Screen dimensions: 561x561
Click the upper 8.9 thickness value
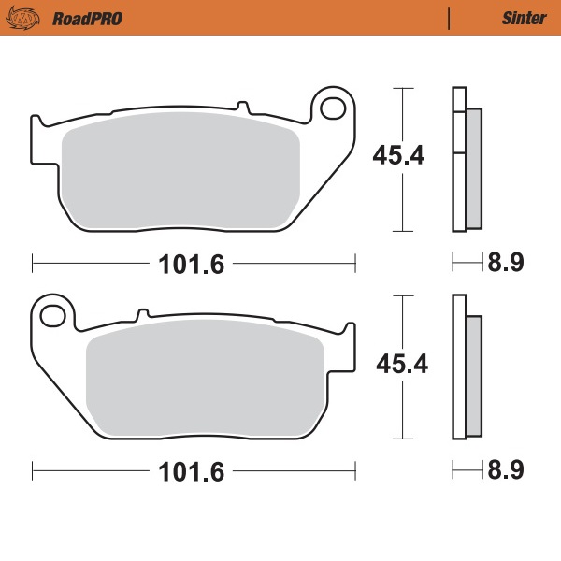pos(504,264)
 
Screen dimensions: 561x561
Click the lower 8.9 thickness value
pos(505,471)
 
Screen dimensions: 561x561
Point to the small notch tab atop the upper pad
pos(241,107)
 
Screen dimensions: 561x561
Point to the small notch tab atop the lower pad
pos(143,313)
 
